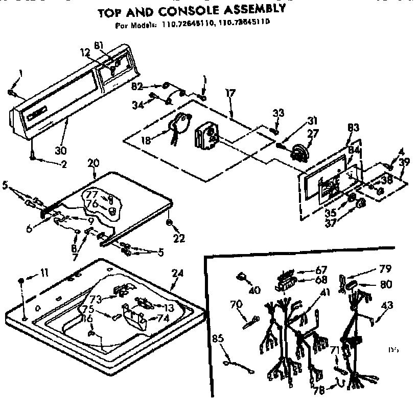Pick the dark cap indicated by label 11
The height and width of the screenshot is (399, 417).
(x=22, y=281)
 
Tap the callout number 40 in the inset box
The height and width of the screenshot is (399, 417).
(x=254, y=290)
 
